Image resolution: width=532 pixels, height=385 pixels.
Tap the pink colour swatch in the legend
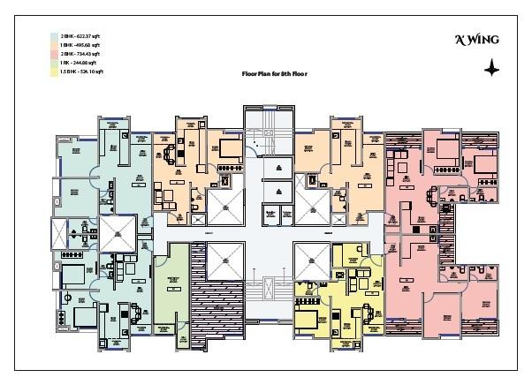(x=53, y=52)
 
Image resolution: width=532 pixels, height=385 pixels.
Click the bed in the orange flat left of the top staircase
(x=230, y=147)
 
